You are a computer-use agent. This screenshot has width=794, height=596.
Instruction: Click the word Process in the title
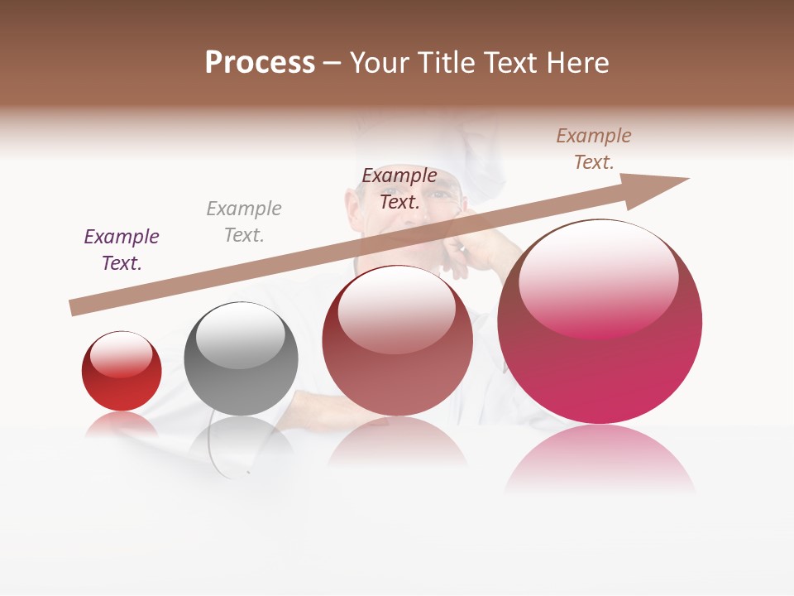point(260,63)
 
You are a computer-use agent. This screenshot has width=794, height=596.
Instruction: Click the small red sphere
point(122,372)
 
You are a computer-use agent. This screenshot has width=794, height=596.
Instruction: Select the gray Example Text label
point(244,222)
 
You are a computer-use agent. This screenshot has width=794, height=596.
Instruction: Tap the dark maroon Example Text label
point(399,189)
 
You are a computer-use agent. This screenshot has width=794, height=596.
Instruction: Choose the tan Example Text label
point(594,149)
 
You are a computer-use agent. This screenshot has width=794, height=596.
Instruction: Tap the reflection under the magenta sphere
point(600,459)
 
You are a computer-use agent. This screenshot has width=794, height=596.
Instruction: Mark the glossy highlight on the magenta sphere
point(598,277)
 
